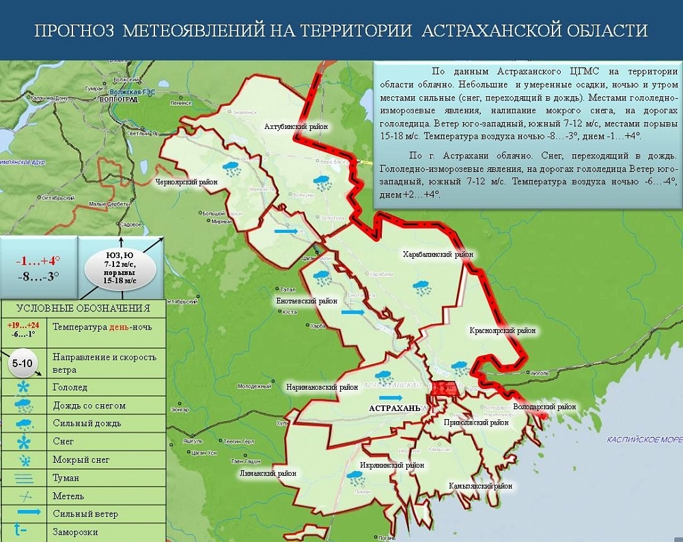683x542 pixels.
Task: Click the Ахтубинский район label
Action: (296, 127)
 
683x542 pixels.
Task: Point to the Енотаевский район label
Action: (306, 300)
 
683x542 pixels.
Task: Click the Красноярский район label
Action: (502, 331)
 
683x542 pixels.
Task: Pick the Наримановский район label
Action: (322, 387)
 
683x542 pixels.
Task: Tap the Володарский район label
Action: (544, 407)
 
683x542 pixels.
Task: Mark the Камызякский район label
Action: (480, 487)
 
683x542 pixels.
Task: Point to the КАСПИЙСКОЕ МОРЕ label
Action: (644, 440)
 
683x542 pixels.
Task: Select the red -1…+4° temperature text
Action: (38, 261)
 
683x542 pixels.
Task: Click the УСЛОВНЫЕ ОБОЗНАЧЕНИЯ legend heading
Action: (83, 309)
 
